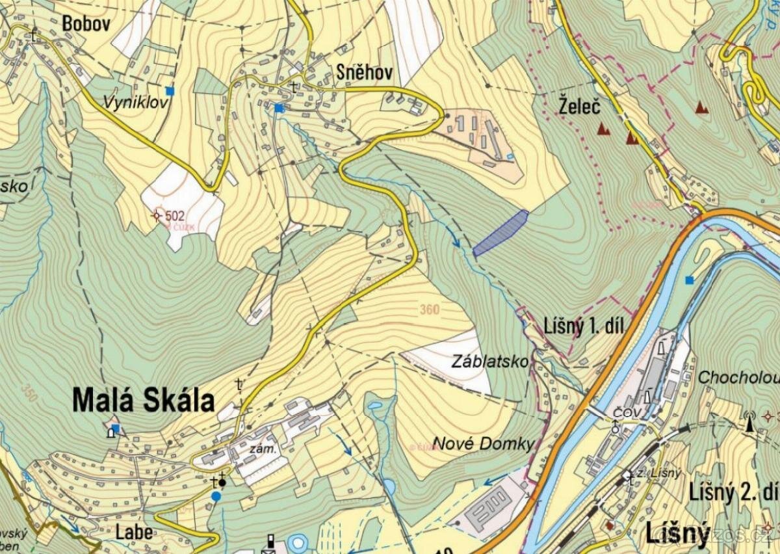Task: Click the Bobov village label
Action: [x=86, y=24]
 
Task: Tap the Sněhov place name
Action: [x=364, y=73]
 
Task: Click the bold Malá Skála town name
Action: [x=143, y=401]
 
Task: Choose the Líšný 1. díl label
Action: [x=584, y=327]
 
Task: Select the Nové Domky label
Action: [x=483, y=444]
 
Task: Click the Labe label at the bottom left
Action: [x=135, y=532]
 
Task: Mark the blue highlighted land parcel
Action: [x=500, y=233]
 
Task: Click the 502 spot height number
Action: [x=175, y=216]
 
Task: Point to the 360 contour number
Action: [x=429, y=310]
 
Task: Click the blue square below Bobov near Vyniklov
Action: [x=170, y=91]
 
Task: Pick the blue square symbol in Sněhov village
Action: [x=279, y=108]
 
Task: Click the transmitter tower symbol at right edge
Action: [x=750, y=423]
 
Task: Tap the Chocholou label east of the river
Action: [x=737, y=378]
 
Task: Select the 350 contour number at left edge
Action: [x=29, y=392]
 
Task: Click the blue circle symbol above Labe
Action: [x=216, y=496]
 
